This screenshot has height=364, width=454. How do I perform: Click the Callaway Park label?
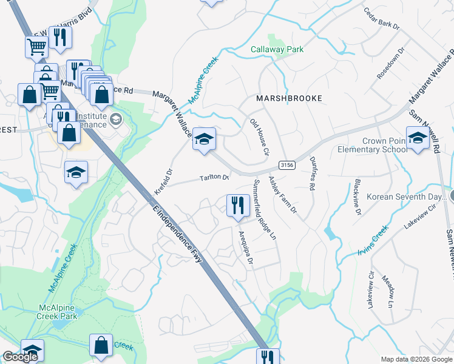click(x=277, y=49)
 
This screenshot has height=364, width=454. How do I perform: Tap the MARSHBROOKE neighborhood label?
click(x=288, y=98)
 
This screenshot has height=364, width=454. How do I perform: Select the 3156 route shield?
click(x=287, y=165)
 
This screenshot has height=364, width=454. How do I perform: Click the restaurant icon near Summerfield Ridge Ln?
click(x=237, y=205)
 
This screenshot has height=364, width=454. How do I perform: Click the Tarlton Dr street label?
click(x=215, y=178)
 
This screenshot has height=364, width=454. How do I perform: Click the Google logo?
click(x=20, y=357)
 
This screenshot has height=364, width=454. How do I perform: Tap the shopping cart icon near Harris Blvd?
click(x=36, y=46)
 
